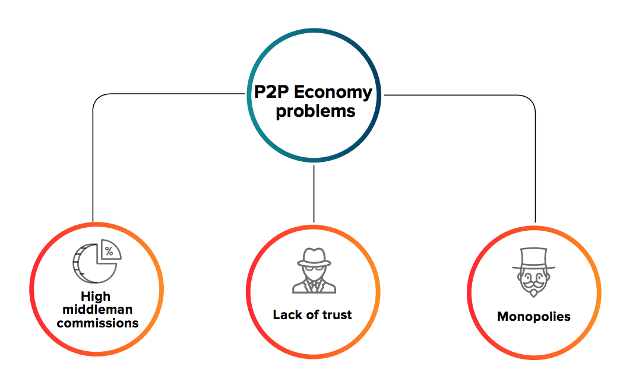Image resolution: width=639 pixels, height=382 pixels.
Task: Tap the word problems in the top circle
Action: [315, 111]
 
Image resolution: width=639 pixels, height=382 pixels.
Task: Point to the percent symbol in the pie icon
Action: [109, 251]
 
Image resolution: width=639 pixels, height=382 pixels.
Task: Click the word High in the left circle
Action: [97, 295]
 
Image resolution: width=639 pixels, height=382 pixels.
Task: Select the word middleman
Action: [97, 309]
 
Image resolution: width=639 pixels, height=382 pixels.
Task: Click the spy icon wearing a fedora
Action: [314, 270]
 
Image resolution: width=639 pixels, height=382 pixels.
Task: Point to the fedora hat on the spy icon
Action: [314, 255]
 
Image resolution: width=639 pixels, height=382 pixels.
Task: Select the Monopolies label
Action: [533, 316]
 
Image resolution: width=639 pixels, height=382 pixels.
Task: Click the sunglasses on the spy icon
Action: [314, 268]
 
